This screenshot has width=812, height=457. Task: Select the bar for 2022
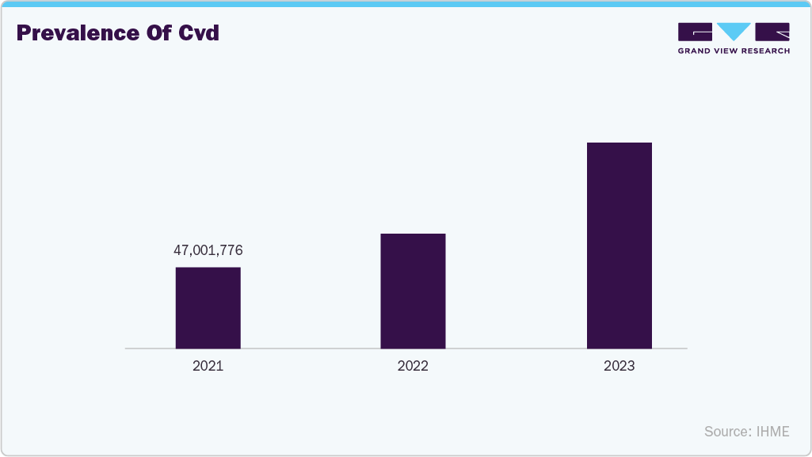[413, 291]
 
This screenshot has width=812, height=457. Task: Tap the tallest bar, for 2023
[619, 246]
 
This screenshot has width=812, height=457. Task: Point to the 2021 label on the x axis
[208, 367]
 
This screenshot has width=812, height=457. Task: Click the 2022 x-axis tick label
[413, 367]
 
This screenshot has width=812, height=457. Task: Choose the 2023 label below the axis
[619, 367]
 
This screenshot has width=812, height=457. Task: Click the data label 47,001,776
[208, 250]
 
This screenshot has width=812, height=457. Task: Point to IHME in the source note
[773, 432]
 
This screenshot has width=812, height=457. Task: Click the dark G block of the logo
[695, 32]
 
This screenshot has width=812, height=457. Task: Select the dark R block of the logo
[772, 32]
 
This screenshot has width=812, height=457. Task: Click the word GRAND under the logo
[694, 51]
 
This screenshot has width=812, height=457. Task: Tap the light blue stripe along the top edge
[406, 3]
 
